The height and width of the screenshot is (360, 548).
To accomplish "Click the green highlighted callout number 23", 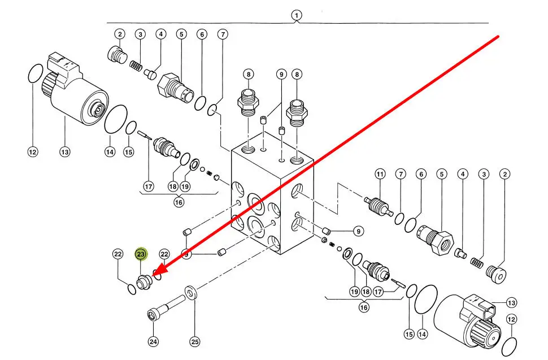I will [140, 255].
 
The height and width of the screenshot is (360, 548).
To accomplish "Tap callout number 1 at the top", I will [297, 15].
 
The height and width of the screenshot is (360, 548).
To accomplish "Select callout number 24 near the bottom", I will [154, 341].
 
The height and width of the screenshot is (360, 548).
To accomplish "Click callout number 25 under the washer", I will [195, 341].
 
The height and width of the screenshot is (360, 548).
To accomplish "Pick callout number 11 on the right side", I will [380, 174].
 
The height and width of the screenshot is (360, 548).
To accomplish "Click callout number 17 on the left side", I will [149, 186].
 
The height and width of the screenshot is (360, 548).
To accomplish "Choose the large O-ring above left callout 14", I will [116, 120].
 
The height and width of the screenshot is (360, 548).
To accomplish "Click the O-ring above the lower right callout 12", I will [510, 343].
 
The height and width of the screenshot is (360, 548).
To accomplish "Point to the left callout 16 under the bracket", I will [179, 202].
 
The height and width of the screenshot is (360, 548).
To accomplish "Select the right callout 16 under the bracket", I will [364, 307].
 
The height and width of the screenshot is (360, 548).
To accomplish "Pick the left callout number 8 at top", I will [249, 74].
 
